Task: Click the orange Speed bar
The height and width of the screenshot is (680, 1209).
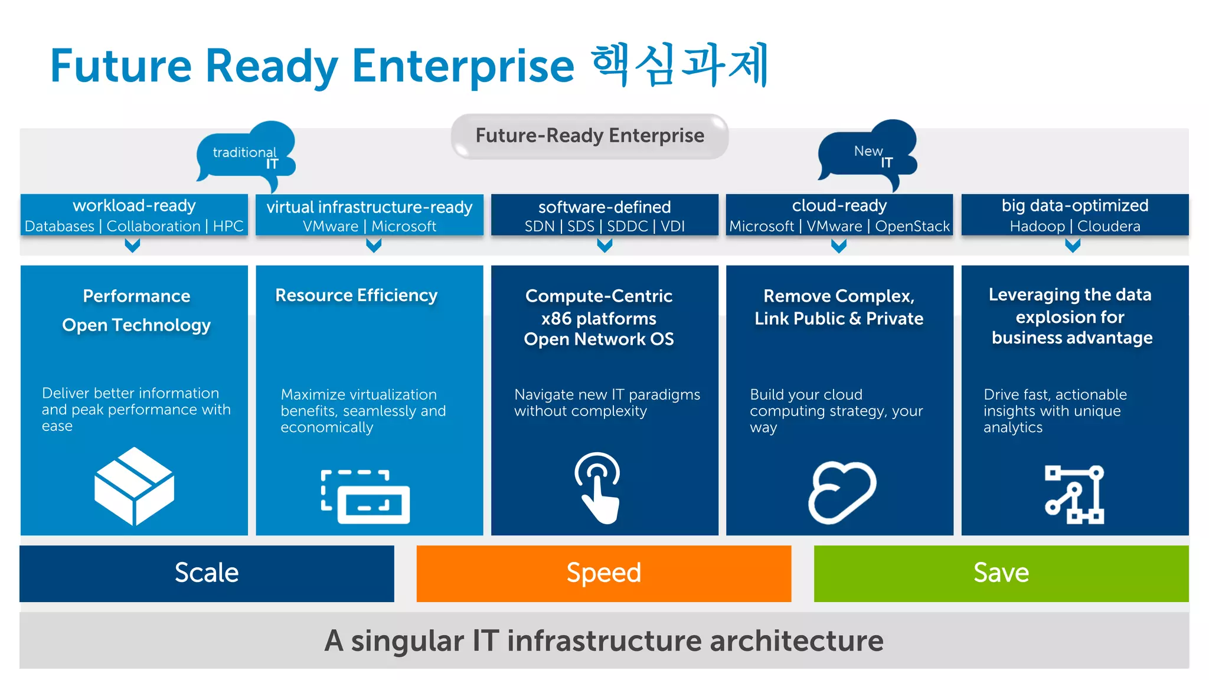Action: point(603,573)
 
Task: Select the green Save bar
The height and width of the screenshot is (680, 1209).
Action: point(1001,573)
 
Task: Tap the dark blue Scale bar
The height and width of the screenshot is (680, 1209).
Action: point(207,573)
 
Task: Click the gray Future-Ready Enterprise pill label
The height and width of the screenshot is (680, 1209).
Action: point(589,136)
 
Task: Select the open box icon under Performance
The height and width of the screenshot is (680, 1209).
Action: point(134,486)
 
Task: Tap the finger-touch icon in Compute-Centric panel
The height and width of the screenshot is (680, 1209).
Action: point(598,488)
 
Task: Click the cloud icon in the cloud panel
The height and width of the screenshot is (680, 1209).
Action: point(841,492)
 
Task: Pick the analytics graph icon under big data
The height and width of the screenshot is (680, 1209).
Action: point(1074,494)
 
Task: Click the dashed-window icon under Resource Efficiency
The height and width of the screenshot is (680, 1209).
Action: point(365,496)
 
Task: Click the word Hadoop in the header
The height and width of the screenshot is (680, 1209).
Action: point(1037,226)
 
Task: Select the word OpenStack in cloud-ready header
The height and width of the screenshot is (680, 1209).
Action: point(912,226)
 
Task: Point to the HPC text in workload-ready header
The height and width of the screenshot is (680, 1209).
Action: point(228,226)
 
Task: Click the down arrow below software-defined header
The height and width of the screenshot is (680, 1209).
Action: point(604,245)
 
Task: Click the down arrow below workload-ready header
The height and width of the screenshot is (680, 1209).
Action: point(133,245)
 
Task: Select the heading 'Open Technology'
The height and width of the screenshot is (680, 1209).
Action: point(136,325)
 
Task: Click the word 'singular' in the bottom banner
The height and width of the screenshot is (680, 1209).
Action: point(407,640)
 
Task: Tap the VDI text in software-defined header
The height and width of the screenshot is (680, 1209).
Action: point(672,226)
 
